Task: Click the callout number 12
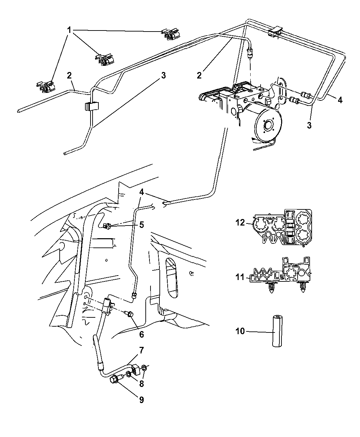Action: pos(240,223)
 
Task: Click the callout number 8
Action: pos(141,384)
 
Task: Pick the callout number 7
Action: pos(141,350)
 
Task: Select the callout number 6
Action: pos(141,334)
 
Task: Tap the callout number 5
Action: pos(141,225)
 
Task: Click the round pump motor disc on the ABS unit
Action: pos(268,124)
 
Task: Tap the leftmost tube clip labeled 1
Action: pos(46,87)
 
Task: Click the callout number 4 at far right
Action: pos(339,100)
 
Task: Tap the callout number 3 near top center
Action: pos(164,75)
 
